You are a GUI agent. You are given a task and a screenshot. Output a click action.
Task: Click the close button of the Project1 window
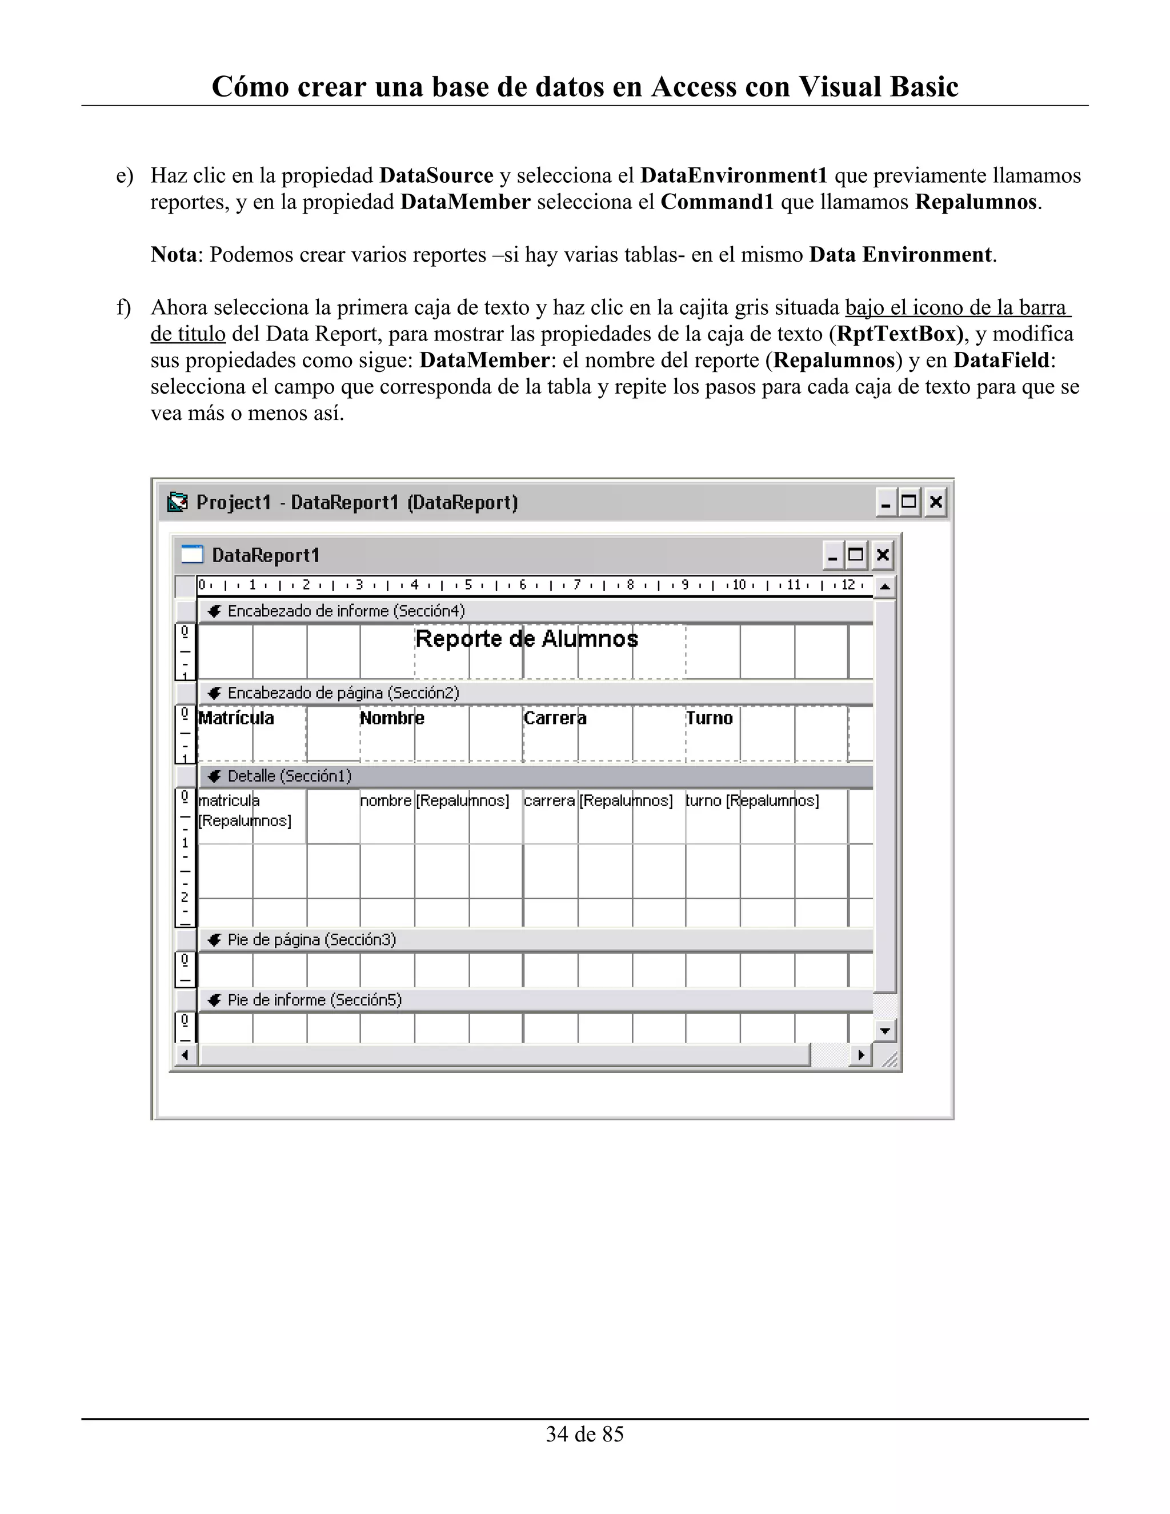point(936,502)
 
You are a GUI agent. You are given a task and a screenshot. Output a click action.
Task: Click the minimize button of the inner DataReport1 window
point(833,555)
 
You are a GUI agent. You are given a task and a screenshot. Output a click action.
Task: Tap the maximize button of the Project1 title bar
point(909,502)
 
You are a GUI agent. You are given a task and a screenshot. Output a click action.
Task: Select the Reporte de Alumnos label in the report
point(526,639)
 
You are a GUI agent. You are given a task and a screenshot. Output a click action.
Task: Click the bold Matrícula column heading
point(237,718)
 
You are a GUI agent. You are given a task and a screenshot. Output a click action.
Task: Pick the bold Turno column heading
point(709,718)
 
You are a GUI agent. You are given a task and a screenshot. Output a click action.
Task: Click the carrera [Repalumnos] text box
point(598,800)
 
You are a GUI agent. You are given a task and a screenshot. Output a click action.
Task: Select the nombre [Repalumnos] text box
point(435,800)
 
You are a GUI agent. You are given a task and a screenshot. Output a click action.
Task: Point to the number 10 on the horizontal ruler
point(739,585)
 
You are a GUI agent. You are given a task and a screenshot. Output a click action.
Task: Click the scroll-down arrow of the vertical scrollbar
point(884,1031)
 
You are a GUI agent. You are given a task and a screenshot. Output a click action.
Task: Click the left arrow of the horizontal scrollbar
point(185,1055)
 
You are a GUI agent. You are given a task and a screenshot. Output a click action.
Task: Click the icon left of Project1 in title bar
point(178,502)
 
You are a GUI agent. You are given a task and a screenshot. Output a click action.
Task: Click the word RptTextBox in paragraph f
point(896,334)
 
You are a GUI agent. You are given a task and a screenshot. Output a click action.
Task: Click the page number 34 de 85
point(584,1434)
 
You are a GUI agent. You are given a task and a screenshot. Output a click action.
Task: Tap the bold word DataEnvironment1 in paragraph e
point(734,176)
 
